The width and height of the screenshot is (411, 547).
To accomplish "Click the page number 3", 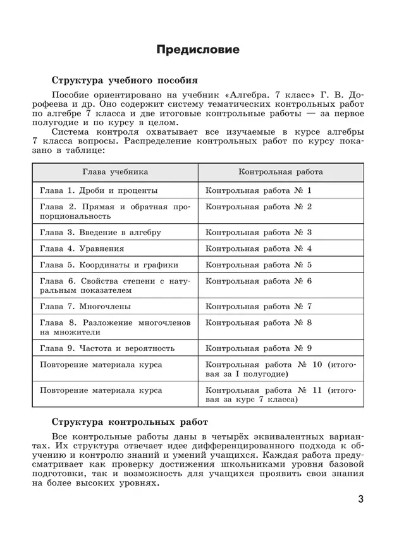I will tap(360, 500).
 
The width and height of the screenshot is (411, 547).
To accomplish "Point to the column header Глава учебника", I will tap(115, 171).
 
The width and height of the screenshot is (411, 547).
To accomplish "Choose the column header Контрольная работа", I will tap(281, 171).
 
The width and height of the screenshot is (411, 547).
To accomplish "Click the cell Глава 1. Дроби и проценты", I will tap(99, 190).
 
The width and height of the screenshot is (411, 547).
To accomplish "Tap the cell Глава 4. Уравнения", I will tap(82, 249).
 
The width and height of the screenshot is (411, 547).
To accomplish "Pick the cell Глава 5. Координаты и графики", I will tap(109, 265).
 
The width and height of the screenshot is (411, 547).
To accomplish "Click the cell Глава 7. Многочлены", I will tap(85, 307).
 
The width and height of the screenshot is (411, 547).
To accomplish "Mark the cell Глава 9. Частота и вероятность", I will tap(107, 348).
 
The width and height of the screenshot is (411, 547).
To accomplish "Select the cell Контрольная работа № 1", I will tap(259, 190).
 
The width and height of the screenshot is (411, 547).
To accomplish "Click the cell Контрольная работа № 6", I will tap(259, 281).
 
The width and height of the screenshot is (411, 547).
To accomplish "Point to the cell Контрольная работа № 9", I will tap(259, 348).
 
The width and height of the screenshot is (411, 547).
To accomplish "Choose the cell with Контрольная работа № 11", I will tap(281, 395).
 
